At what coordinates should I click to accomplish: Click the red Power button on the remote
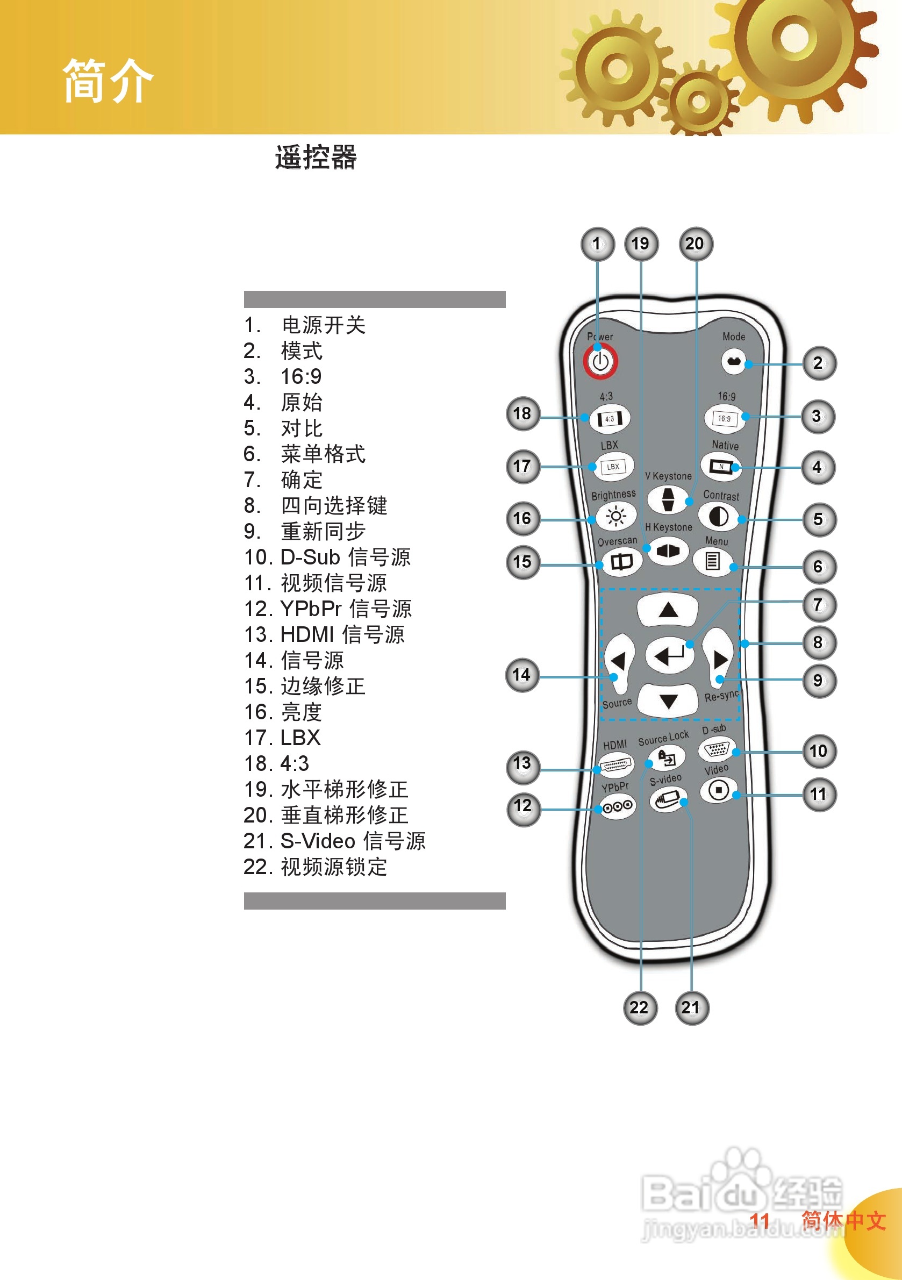pos(600,361)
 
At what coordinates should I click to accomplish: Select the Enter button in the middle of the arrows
pos(669,654)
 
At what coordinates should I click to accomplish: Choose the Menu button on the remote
pos(712,560)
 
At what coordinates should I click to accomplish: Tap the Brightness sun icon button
pos(615,517)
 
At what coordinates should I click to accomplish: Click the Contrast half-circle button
pos(718,517)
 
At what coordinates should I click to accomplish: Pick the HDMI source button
pos(615,765)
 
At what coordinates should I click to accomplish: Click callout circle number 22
pos(640,1007)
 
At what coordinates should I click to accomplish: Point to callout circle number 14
pos(522,675)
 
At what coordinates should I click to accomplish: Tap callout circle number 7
pos(818,605)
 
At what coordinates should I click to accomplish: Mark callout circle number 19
pos(641,244)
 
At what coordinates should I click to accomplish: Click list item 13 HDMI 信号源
pos(325,634)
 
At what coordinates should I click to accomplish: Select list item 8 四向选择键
pos(316,506)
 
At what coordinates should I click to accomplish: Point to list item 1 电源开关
pos(305,325)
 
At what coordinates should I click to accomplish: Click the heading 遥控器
pos(316,156)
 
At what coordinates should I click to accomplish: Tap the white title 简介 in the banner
pos(108,81)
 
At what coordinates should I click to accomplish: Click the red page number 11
pos(760,1220)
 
